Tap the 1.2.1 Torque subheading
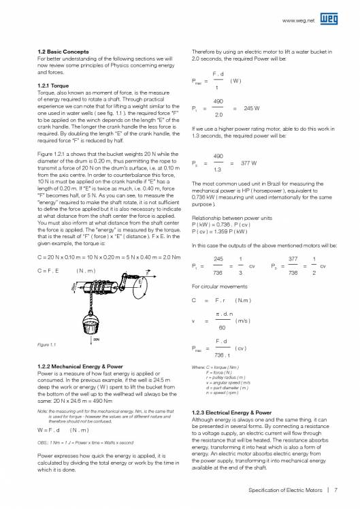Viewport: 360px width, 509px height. point(52,85)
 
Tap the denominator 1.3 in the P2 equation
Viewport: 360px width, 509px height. point(216,169)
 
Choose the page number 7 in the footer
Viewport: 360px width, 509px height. point(336,489)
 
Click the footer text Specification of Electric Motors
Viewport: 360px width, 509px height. point(285,489)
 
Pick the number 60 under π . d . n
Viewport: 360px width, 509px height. point(216,326)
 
